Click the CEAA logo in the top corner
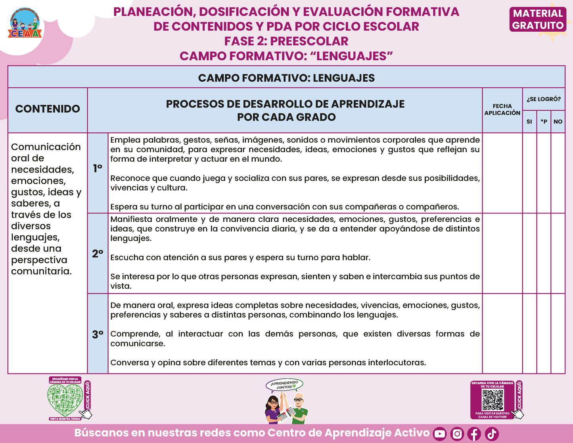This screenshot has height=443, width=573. (x=25, y=24)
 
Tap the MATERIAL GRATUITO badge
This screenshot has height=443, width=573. (x=538, y=19)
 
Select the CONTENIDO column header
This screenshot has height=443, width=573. (x=48, y=109)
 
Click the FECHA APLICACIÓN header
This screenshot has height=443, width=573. (x=502, y=109)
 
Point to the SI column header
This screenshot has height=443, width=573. (x=529, y=122)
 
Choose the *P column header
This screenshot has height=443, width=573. (x=544, y=122)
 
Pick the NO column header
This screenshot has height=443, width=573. (x=558, y=122)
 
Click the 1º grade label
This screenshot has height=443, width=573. (x=98, y=169)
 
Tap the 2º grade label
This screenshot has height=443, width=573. (x=98, y=254)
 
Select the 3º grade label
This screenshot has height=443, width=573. (x=98, y=334)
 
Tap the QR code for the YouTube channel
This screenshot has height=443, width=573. (x=493, y=400)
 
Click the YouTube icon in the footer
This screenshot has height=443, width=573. (x=440, y=434)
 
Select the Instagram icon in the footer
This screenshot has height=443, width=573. (x=457, y=434)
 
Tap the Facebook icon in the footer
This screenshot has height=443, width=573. (x=474, y=434)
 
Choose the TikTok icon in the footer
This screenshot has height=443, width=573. (x=492, y=434)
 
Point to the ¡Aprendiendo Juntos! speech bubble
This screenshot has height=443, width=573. (x=284, y=385)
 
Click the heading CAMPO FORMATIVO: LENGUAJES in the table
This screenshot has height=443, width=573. (x=286, y=78)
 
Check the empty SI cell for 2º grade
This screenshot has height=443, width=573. (x=529, y=253)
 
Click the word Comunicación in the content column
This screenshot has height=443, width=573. (x=46, y=147)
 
